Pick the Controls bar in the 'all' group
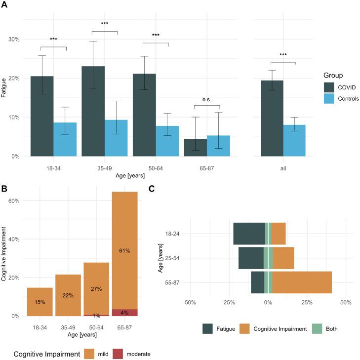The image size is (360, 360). [x=295, y=140]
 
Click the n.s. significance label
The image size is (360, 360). [x=206, y=99]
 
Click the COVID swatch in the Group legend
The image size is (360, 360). [x=329, y=86]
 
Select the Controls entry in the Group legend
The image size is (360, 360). [x=347, y=98]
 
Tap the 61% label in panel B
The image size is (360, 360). [x=124, y=251]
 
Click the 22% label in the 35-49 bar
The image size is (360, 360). [x=68, y=296]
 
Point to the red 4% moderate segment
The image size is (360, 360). [x=124, y=313]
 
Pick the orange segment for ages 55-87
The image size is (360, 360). [x=302, y=282]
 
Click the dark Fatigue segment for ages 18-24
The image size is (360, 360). [x=249, y=234]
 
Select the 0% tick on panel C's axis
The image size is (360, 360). [x=268, y=302]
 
